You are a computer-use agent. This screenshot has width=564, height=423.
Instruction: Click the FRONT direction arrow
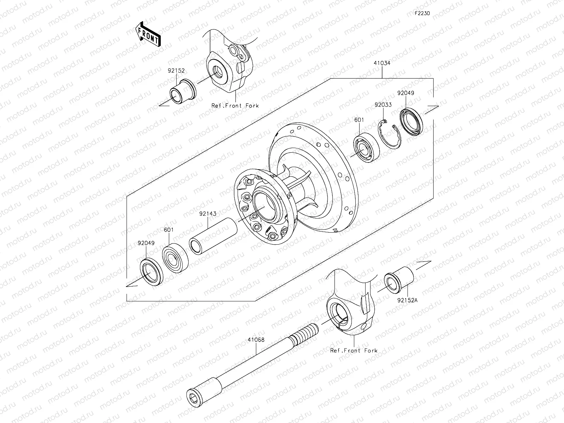147,34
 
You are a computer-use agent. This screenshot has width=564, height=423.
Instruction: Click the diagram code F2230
422,13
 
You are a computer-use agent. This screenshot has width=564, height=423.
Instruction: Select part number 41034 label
382,63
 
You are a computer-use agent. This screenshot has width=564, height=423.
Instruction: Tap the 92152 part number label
176,70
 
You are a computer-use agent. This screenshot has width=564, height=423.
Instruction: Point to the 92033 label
383,105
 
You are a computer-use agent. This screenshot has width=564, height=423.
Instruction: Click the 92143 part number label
208,214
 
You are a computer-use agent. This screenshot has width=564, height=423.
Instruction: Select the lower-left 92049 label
146,243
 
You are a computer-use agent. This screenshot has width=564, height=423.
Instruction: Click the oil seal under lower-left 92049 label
153,272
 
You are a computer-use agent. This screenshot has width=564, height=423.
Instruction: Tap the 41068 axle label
256,340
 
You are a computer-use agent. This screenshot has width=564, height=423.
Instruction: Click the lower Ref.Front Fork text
354,350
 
